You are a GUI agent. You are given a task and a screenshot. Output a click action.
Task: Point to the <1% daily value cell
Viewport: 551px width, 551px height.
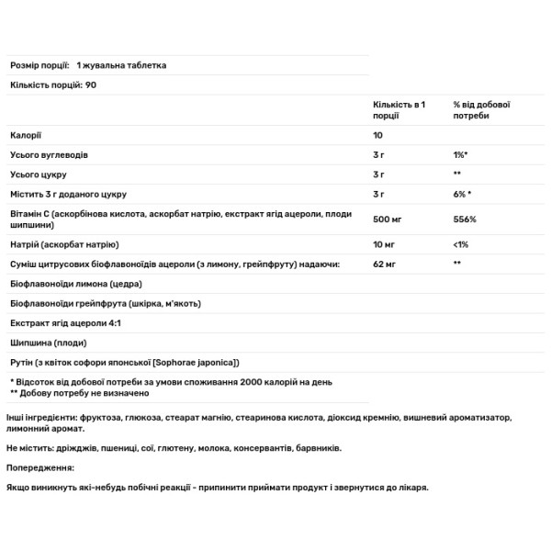click(461, 245)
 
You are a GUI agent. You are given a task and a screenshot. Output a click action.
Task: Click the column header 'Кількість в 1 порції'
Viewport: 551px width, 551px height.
click(393, 110)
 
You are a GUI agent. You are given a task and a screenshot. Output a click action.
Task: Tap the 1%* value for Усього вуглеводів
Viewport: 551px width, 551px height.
click(462, 155)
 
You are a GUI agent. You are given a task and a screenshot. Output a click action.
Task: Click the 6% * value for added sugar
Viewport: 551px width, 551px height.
click(463, 194)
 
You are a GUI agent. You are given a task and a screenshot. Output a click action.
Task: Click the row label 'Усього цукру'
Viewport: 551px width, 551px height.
click(39, 174)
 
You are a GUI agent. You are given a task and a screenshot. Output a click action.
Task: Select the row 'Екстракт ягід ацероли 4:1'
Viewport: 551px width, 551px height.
click(66, 323)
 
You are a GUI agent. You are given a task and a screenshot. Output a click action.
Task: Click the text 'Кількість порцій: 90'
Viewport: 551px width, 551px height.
click(53, 84)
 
